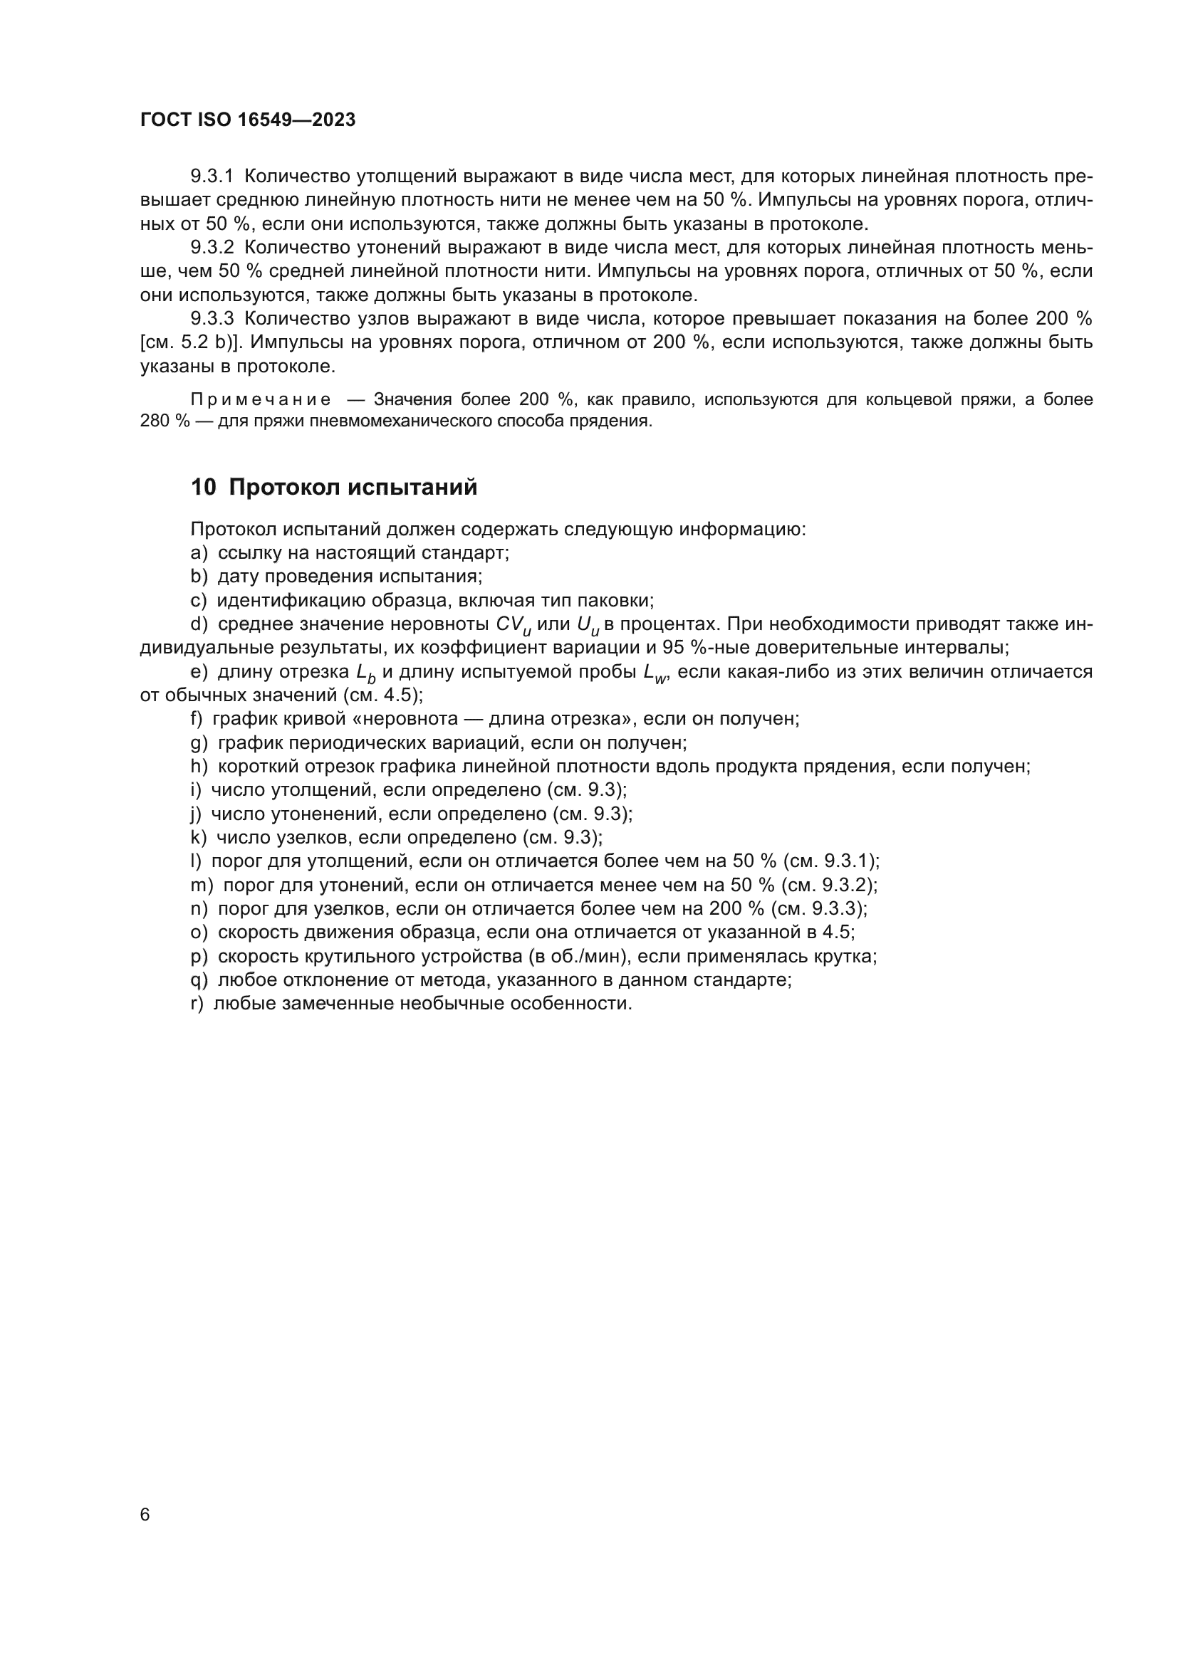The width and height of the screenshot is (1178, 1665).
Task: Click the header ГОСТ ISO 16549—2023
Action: (247, 120)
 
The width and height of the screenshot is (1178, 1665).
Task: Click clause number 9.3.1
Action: (212, 177)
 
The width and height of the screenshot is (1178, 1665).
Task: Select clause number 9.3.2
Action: (212, 247)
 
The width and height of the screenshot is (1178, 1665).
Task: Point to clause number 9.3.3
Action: (212, 318)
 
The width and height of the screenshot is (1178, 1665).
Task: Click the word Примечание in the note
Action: (261, 399)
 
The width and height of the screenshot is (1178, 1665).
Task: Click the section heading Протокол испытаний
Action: (353, 488)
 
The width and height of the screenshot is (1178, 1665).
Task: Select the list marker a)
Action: (199, 552)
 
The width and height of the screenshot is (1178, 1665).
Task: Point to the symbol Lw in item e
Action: (655, 673)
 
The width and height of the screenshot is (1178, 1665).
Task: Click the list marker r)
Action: (197, 1004)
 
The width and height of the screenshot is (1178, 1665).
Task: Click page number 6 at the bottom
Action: (145, 1515)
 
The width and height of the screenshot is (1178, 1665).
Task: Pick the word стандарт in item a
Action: (471, 552)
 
